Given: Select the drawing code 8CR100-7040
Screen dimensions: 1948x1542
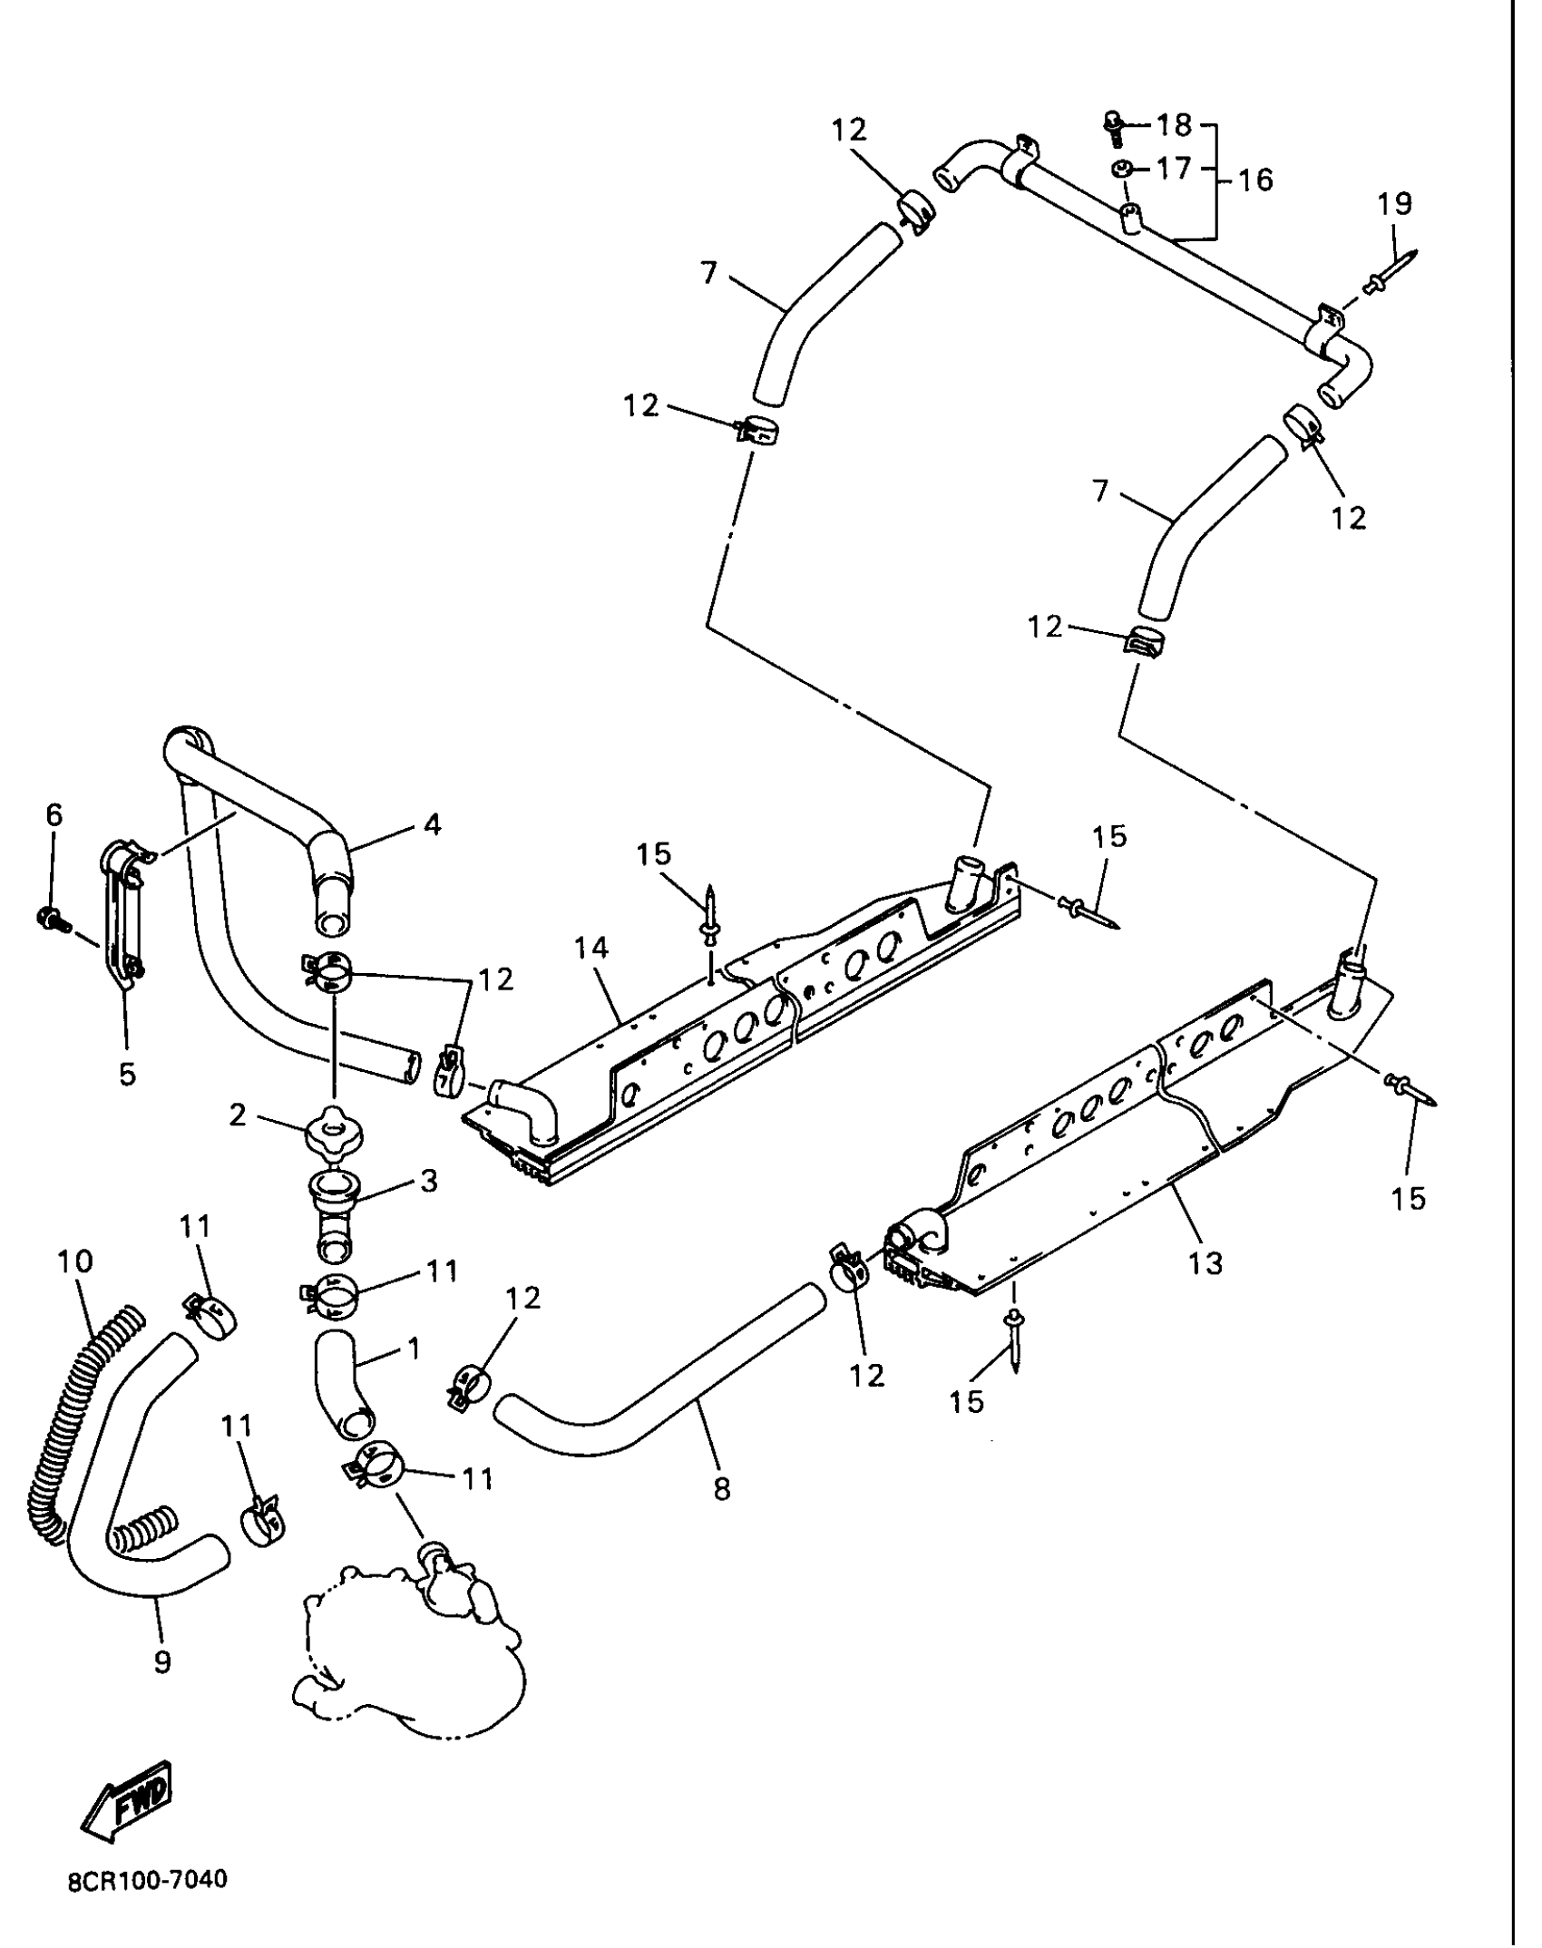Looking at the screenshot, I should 148,1900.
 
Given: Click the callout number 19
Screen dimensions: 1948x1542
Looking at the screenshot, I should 1394,204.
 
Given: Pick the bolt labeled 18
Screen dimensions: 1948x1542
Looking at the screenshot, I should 1115,127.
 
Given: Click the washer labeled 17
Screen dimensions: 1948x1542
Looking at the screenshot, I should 1120,169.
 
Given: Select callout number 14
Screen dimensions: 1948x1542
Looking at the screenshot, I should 591,949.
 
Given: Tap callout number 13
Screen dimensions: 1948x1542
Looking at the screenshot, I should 1205,1263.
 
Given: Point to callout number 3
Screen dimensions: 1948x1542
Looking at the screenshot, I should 428,1182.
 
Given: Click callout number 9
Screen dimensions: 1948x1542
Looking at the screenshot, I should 162,1662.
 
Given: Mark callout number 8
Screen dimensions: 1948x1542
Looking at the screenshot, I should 722,1489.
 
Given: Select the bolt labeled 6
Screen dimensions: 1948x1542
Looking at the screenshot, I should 50,919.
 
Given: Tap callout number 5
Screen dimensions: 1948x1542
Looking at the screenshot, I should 127,1074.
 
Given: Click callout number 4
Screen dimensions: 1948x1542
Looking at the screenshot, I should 432,824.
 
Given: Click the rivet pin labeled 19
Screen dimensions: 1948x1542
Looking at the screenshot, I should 1388,274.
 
